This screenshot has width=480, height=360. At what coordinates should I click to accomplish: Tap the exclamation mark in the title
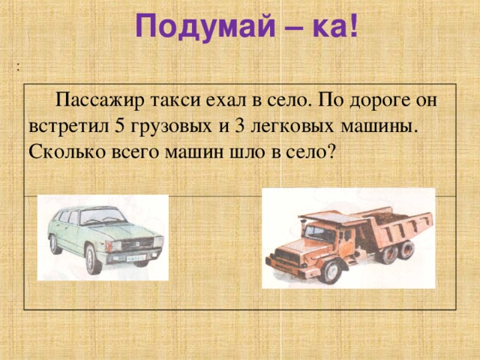(351, 28)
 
